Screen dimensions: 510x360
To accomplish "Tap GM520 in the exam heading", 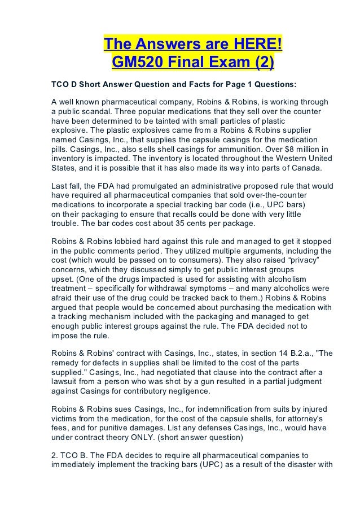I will [135, 60].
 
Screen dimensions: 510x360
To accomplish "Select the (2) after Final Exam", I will [261, 60].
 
